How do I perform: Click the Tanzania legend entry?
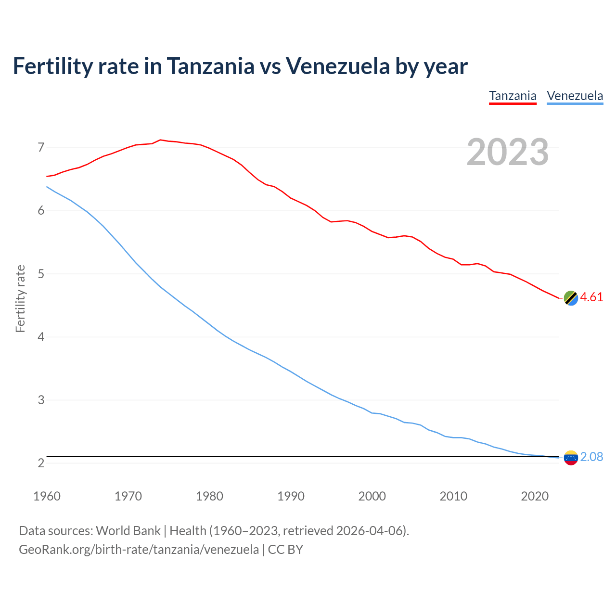(513, 96)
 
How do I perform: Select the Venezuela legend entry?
(575, 96)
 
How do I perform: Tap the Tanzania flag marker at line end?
(570, 298)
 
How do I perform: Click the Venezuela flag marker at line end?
(570, 458)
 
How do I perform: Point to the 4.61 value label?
(591, 297)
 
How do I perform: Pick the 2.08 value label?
(591, 457)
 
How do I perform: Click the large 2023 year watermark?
(507, 152)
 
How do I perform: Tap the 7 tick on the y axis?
(41, 147)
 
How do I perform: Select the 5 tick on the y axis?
(41, 274)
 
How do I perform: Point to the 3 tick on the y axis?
(41, 400)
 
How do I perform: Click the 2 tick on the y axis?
(41, 463)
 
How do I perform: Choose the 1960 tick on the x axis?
(47, 496)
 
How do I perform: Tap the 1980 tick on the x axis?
(209, 496)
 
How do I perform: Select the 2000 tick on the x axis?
(372, 496)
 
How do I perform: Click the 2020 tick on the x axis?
(535, 496)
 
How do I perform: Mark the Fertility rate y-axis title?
(20, 298)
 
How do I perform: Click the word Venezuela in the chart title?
(338, 66)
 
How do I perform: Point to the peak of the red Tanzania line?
(160, 140)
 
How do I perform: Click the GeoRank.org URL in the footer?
(139, 549)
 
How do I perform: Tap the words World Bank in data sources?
(128, 530)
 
